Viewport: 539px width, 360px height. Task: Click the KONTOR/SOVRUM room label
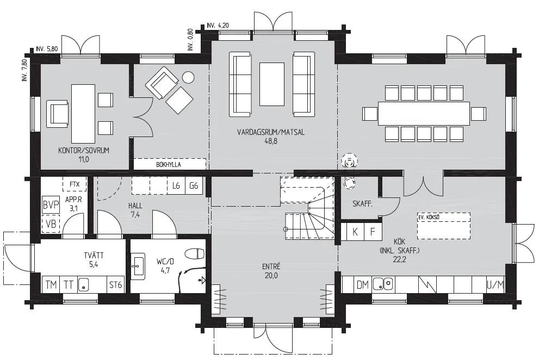point(84,150)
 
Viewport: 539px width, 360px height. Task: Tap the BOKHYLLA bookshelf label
point(169,165)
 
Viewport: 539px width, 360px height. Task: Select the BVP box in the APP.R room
point(51,205)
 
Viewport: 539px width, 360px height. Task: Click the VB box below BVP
point(51,224)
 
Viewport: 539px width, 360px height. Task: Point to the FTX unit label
point(75,184)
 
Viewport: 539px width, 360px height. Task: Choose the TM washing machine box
point(51,285)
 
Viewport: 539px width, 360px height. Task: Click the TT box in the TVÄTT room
point(69,285)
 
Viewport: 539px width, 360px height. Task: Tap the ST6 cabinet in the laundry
point(115,285)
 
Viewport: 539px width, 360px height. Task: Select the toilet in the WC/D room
point(195,254)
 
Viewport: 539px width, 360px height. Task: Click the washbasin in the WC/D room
point(138,265)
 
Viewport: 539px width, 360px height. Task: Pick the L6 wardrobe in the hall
point(176,185)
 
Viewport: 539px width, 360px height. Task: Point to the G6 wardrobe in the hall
point(194,185)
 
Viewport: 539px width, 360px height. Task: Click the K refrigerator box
point(355,232)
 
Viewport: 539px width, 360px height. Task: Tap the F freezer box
point(373,232)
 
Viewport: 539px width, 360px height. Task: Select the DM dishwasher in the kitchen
point(363,285)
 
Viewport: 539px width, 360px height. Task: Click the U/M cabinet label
point(495,285)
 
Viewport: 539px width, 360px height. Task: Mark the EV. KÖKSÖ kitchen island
point(444,226)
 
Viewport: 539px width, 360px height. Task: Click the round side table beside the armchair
point(188,77)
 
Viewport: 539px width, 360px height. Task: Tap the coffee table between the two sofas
point(272,84)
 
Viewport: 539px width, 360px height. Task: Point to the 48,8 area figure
point(271,141)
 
